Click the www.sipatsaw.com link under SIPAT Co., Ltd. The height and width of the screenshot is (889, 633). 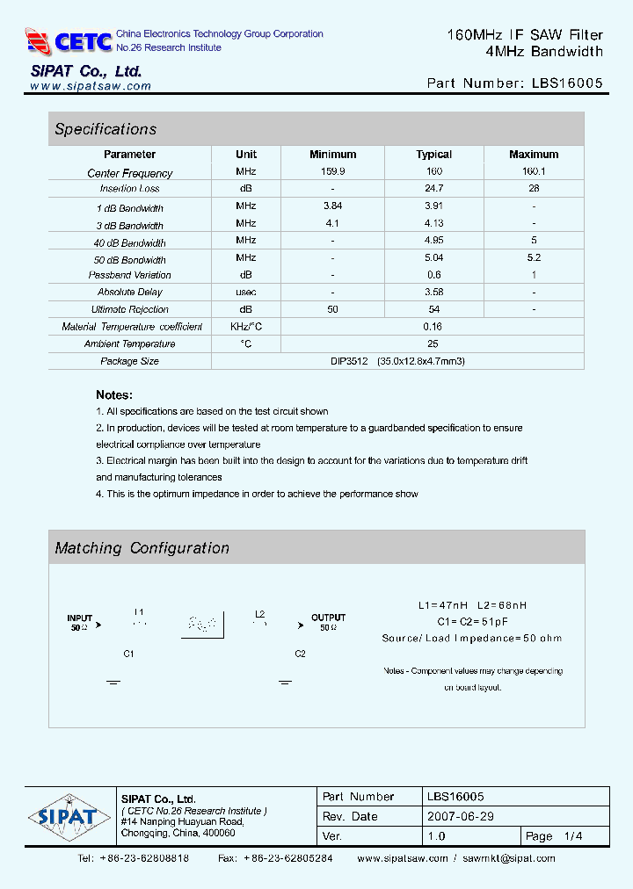pos(91,86)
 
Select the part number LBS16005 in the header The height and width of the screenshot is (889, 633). pos(567,83)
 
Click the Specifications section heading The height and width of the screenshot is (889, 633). pos(105,129)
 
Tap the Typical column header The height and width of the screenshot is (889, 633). pos(433,155)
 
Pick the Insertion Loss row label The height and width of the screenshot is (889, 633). pos(129,189)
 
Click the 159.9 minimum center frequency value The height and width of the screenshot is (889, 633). pos(333,172)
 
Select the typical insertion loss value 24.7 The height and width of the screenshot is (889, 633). pos(433,189)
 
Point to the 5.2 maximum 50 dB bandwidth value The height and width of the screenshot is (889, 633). pos(534,258)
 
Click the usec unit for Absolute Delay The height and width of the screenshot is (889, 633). pos(246,292)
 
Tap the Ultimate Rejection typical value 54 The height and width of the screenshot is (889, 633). pos(433,309)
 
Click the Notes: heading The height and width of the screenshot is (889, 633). pos(114,395)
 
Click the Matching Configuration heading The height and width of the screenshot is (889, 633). pos(142,548)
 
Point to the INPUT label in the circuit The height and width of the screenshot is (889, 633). pos(79,618)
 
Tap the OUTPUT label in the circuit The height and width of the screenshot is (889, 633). pos(328,618)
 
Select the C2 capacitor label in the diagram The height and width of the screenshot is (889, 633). pos(300,654)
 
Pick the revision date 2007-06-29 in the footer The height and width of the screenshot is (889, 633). pos(460,816)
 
